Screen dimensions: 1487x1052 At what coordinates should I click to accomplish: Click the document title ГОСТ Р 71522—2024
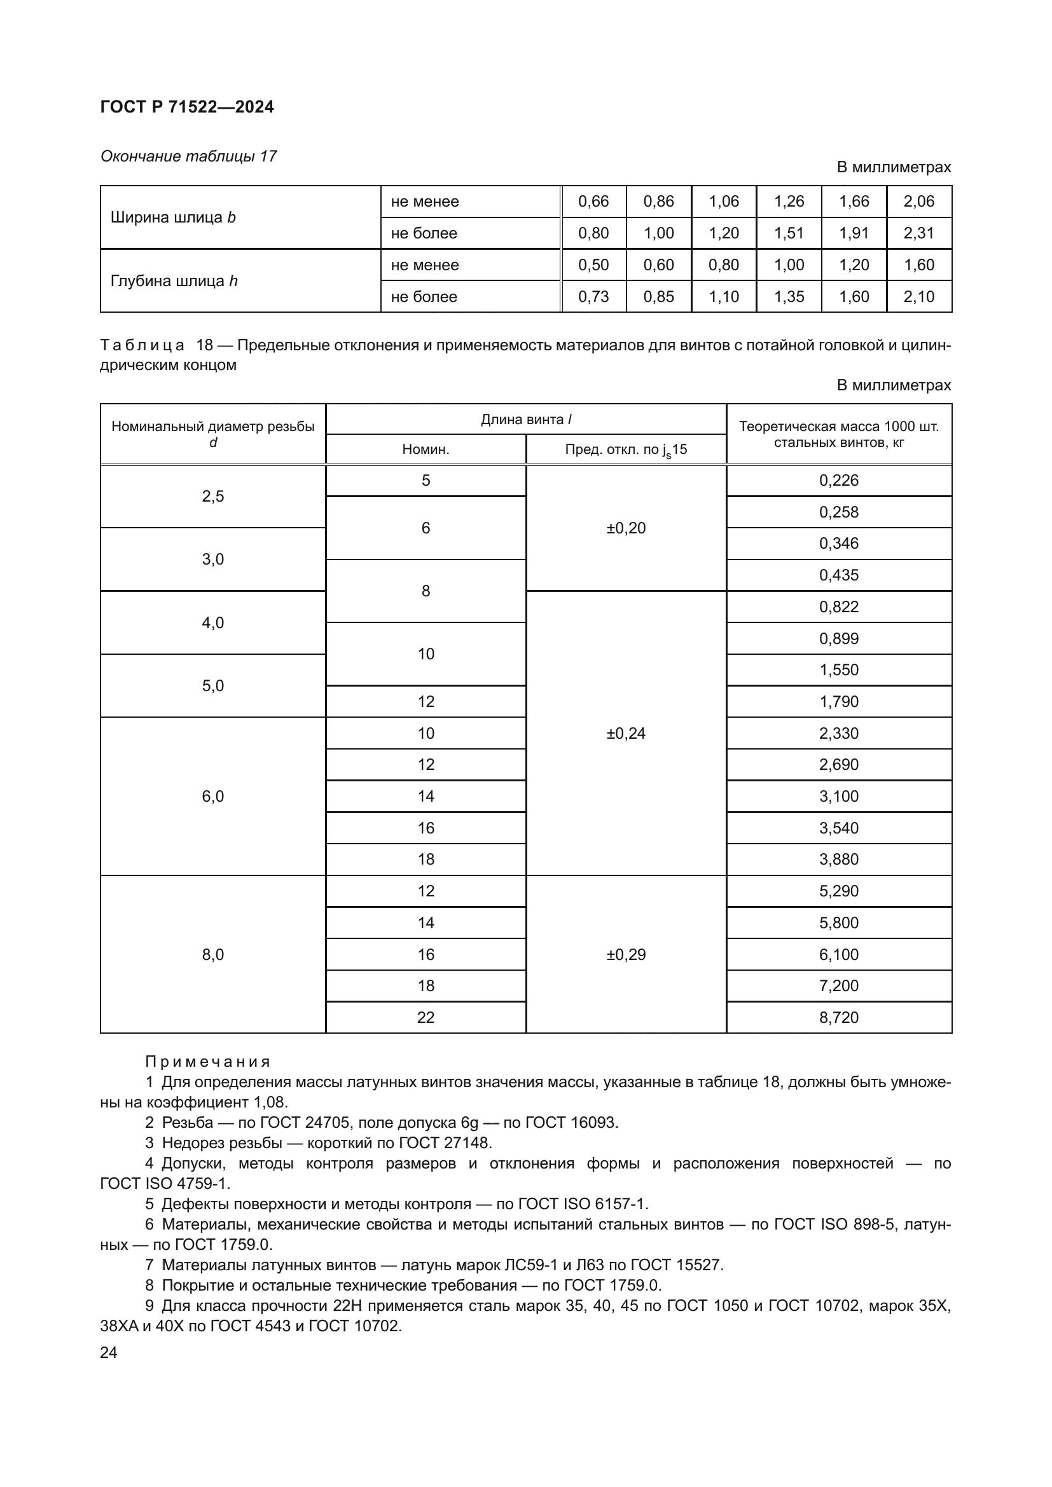click(x=186, y=107)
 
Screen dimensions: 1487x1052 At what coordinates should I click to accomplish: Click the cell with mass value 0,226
click(x=838, y=481)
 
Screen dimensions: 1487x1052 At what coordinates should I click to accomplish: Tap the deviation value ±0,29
click(x=626, y=955)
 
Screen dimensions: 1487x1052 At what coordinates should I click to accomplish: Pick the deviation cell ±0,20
click(x=626, y=528)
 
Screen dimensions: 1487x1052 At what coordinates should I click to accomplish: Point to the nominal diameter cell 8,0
click(x=212, y=955)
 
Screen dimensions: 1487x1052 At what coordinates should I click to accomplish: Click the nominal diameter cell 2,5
click(x=212, y=496)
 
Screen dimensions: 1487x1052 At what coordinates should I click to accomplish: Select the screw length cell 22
click(x=426, y=1017)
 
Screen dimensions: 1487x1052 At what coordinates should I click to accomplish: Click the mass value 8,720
click(x=838, y=1017)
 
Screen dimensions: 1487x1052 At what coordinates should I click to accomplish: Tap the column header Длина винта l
click(x=525, y=419)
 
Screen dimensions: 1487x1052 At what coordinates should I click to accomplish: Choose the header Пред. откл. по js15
click(x=626, y=449)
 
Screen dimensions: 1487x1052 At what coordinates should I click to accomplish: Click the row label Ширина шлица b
click(x=173, y=217)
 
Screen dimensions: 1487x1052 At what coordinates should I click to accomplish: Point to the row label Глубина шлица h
click(x=174, y=280)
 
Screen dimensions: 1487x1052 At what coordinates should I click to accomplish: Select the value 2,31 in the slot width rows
click(x=918, y=233)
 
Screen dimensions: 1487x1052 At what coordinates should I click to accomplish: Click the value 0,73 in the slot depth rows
click(x=593, y=297)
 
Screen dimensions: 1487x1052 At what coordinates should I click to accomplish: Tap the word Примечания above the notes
click(x=207, y=1062)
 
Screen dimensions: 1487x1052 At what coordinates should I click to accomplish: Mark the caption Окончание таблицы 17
click(x=188, y=156)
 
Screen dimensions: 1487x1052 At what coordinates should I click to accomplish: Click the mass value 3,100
click(x=838, y=796)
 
